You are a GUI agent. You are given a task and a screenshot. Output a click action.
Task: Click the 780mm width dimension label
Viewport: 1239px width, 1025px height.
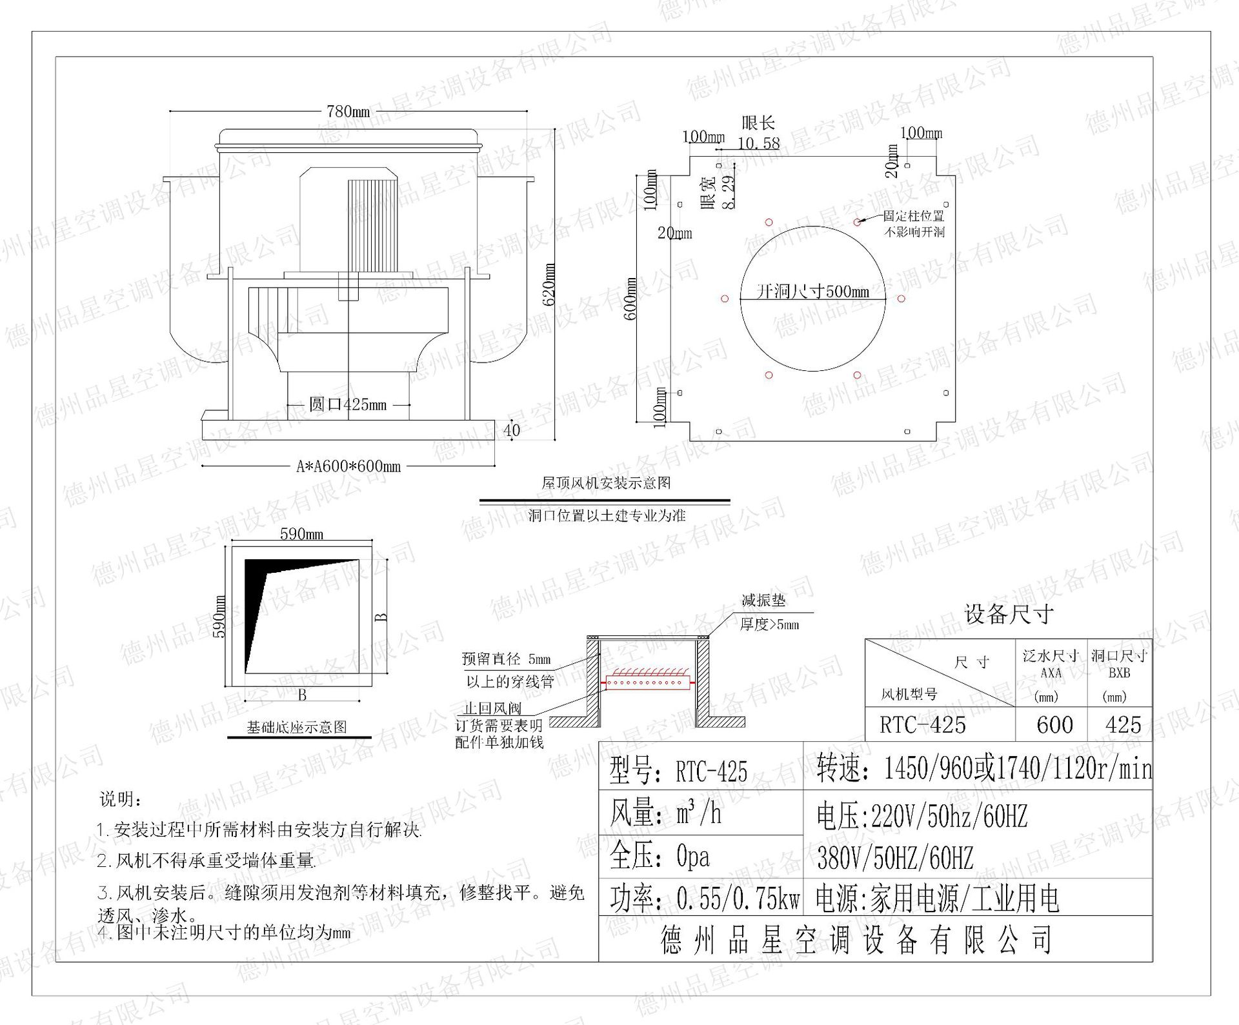click(348, 112)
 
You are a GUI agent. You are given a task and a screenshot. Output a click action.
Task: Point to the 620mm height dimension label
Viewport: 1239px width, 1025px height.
click(549, 284)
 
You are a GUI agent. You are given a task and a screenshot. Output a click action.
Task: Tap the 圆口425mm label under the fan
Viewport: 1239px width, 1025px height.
click(348, 404)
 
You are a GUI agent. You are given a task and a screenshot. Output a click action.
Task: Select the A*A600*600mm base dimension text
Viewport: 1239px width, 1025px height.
click(348, 466)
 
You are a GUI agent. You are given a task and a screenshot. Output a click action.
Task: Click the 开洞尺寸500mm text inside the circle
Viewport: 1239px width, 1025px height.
click(812, 292)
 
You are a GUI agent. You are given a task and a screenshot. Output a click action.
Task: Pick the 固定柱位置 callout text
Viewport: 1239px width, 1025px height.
click(913, 216)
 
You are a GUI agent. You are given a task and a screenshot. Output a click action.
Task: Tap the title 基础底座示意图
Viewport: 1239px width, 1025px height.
click(297, 727)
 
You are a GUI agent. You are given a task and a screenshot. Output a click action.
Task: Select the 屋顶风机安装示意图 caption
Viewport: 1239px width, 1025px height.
click(606, 483)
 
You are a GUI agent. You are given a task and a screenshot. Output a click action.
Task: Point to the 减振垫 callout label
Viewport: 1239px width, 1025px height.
click(763, 601)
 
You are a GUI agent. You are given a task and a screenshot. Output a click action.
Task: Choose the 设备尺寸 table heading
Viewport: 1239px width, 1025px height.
click(1009, 614)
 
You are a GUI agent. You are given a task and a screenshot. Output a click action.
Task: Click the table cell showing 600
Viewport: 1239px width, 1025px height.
click(1054, 725)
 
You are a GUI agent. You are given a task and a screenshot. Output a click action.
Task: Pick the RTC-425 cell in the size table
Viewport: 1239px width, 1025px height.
click(923, 725)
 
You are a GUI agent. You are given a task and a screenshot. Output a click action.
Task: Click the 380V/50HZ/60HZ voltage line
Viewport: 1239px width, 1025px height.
click(894, 858)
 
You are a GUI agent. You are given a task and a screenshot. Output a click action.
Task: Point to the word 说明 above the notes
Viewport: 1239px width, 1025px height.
click(120, 799)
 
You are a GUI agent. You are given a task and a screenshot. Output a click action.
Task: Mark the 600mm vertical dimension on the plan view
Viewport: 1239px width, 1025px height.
click(630, 298)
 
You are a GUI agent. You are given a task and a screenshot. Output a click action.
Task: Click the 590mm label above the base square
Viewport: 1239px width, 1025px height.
click(301, 534)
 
